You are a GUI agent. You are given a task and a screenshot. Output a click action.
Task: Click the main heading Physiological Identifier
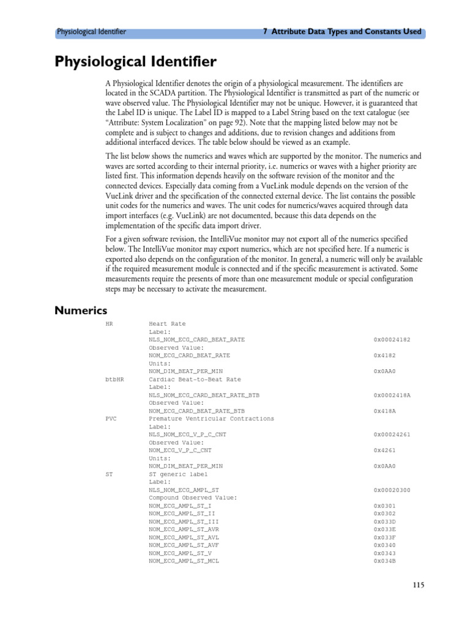[135, 62]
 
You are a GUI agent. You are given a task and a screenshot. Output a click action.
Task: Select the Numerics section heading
[81, 311]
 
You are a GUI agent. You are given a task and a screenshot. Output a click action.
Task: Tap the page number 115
[418, 585]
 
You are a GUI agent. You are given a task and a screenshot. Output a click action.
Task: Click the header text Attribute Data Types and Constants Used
[342, 32]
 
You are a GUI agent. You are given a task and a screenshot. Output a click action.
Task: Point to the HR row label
[110, 324]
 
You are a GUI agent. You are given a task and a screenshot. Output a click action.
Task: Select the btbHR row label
[114, 379]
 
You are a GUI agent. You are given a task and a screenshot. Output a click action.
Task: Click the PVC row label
[111, 419]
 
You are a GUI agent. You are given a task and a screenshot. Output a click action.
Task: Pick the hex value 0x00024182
[392, 339]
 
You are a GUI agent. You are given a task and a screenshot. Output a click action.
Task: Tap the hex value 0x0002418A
[392, 395]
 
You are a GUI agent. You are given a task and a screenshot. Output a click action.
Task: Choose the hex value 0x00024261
[392, 435]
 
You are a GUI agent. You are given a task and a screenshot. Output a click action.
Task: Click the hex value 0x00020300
[392, 490]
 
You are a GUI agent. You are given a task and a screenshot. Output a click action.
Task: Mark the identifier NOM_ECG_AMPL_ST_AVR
[184, 529]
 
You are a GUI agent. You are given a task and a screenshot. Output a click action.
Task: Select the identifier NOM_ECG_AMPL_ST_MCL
[184, 561]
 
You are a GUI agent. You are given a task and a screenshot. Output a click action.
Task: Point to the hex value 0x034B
[385, 561]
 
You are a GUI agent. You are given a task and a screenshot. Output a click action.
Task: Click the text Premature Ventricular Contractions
[212, 419]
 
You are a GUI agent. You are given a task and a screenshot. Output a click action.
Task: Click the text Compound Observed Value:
[193, 498]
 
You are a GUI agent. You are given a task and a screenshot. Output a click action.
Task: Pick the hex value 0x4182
[385, 355]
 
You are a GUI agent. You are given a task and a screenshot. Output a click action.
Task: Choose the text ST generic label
[178, 474]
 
